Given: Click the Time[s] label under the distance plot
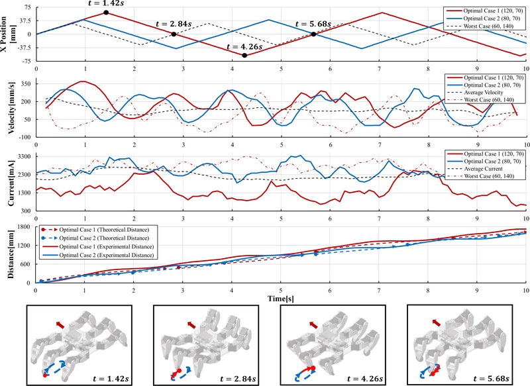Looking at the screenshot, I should [281, 299].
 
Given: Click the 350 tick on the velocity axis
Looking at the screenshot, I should [26, 84].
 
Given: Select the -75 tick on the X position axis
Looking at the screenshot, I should [26, 60].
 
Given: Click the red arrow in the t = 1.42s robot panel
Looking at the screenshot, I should [60, 324].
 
